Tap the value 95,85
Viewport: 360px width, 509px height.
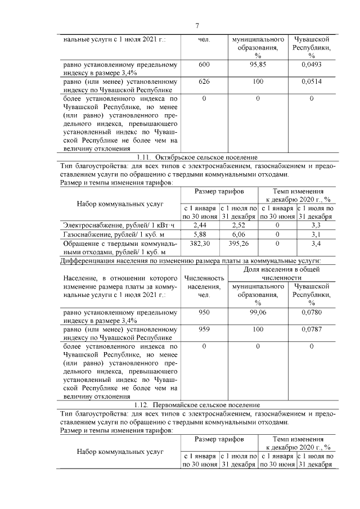(x=257, y=65)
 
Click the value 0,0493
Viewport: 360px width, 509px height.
(x=311, y=65)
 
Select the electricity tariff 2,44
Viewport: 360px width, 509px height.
(x=200, y=225)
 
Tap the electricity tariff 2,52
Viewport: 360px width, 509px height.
(x=238, y=225)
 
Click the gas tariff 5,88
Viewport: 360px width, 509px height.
(x=200, y=235)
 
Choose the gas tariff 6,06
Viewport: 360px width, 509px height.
(x=238, y=235)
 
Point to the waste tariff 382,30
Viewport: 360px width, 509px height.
(x=200, y=244)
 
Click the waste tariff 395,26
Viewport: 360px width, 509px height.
(x=238, y=244)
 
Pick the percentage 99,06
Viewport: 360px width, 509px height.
(x=257, y=312)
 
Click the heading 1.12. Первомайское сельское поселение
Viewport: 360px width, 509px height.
(x=197, y=405)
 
